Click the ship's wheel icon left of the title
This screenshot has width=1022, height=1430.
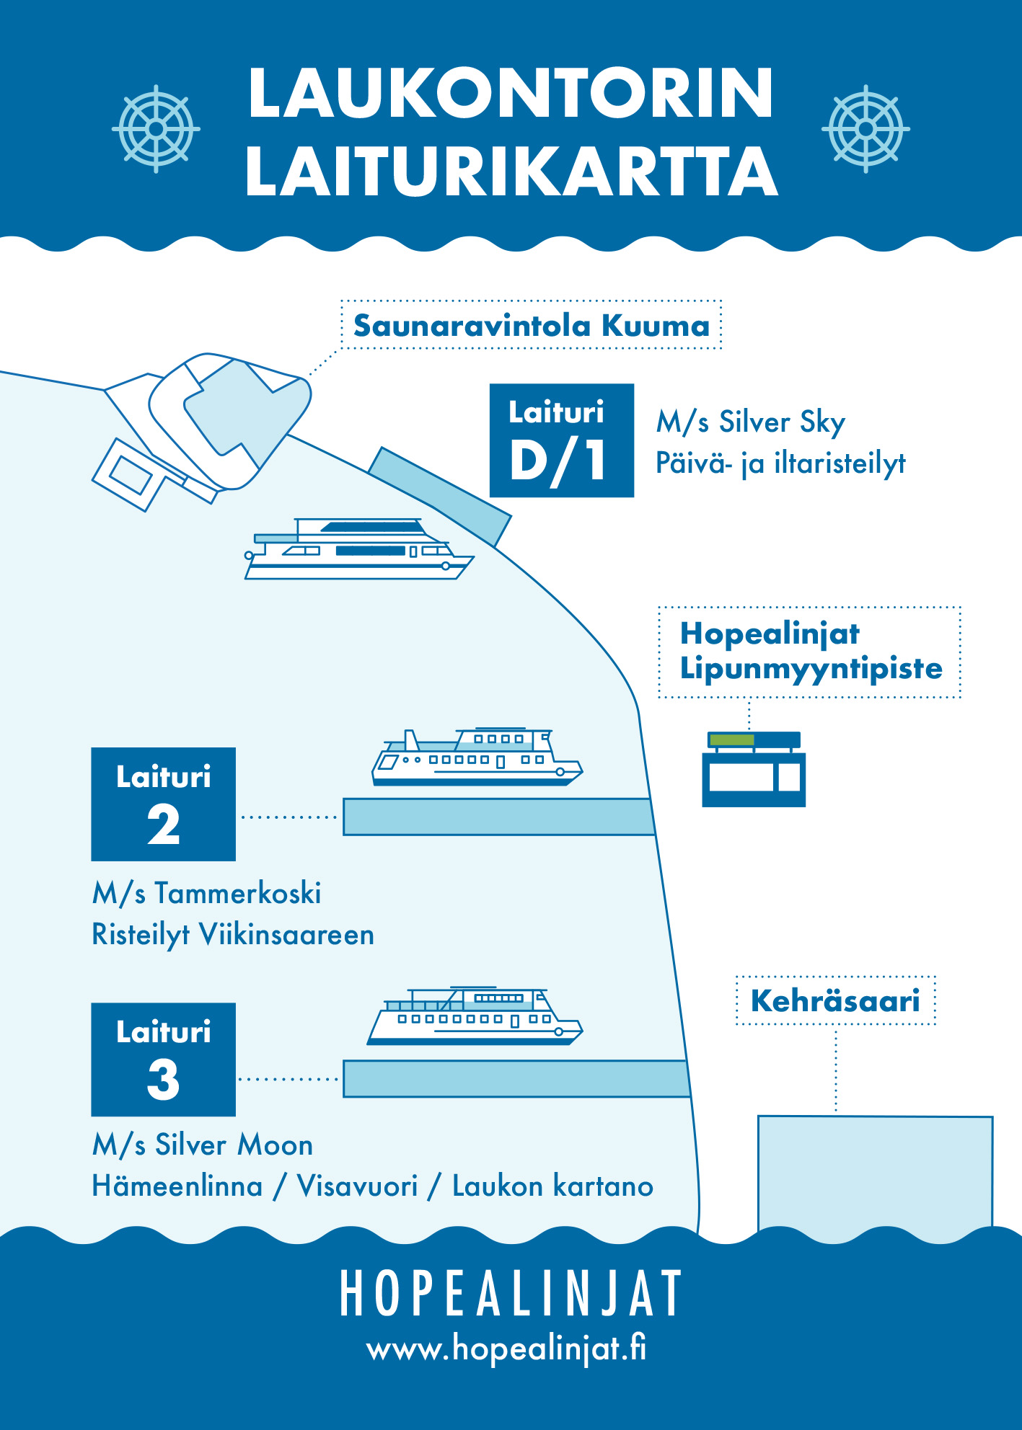pyautogui.click(x=156, y=129)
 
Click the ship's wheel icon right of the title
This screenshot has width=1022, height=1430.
pyautogui.click(x=865, y=129)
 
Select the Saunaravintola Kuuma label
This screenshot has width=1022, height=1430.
pyautogui.click(x=532, y=325)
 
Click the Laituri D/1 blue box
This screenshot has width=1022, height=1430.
pyautogui.click(x=562, y=440)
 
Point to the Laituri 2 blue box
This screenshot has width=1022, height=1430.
pyautogui.click(x=164, y=804)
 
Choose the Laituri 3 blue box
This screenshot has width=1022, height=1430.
pyautogui.click(x=164, y=1060)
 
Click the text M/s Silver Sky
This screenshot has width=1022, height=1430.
pyautogui.click(x=750, y=422)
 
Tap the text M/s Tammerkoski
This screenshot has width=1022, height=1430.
pyautogui.click(x=206, y=894)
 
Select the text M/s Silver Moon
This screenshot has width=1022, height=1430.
pyautogui.click(x=203, y=1145)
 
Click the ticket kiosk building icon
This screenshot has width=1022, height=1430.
pyautogui.click(x=754, y=769)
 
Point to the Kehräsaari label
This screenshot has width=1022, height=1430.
pyautogui.click(x=835, y=1000)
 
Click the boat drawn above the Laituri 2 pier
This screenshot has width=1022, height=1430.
pyautogui.click(x=477, y=757)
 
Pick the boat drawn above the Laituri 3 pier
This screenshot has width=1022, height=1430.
pyautogui.click(x=475, y=1016)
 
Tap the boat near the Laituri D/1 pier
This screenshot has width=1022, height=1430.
pyautogui.click(x=359, y=549)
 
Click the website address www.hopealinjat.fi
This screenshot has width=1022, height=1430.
pyautogui.click(x=506, y=1348)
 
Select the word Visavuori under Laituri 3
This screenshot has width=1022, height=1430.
pyautogui.click(x=357, y=1186)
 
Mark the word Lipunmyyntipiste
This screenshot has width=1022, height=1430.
pyautogui.click(x=811, y=669)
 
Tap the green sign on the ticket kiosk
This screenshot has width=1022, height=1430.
pyautogui.click(x=732, y=740)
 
